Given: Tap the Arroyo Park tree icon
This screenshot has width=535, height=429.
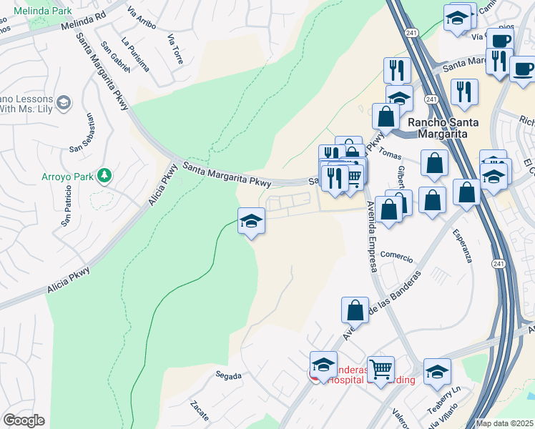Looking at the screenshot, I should point(104,174).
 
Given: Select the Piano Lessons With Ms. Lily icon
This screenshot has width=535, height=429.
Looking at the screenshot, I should point(64,103).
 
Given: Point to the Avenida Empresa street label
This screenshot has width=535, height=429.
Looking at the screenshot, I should point(371,235).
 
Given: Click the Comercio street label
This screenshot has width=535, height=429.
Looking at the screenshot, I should point(397,255).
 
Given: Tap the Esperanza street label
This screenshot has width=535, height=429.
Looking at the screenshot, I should point(462,245).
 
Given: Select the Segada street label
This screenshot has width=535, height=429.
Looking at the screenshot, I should point(228,375).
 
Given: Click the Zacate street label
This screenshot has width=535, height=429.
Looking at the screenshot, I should point(200,410).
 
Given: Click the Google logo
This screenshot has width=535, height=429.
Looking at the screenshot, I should point(24,420).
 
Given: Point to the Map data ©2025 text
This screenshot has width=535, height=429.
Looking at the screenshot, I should point(505,423).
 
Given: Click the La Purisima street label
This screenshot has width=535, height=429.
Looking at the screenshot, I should point(135,54).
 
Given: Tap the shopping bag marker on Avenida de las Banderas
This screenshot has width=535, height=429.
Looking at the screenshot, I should point(355,311).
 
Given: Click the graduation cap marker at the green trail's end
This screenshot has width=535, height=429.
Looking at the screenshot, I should point(252,220).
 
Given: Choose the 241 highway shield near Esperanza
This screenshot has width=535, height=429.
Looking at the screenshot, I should point(498,264).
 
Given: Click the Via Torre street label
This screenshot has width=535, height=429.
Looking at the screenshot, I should point(175,48).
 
